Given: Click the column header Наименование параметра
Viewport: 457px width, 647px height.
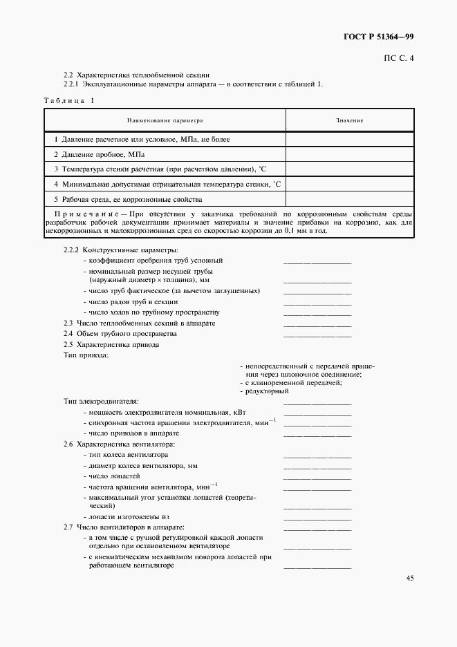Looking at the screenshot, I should (165, 120).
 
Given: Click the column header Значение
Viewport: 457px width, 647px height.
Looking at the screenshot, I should (350, 120).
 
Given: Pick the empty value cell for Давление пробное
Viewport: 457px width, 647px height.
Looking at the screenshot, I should (350, 154).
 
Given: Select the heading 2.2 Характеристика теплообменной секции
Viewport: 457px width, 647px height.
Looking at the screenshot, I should (136, 75).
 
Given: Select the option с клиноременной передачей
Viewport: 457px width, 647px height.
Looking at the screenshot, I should (293, 383).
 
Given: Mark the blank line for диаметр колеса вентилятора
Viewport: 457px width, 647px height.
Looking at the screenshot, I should (317, 468).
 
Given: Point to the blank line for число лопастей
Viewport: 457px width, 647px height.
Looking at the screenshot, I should (317, 478).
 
